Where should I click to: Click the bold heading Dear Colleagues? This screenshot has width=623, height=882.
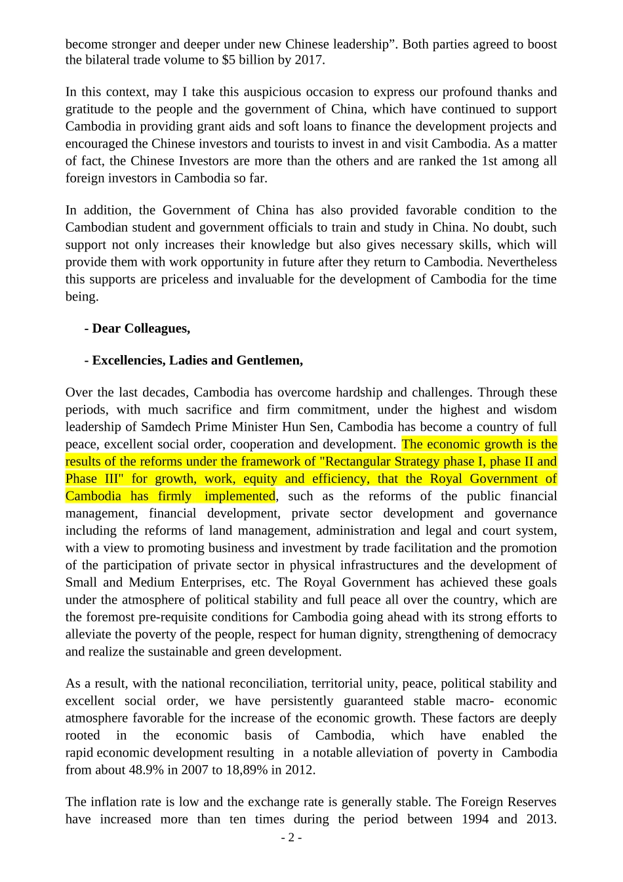click(140, 328)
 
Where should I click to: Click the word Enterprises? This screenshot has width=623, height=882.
click(211, 582)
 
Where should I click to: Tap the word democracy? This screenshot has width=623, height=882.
click(525, 634)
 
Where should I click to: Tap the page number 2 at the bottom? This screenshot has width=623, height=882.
click(291, 837)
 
